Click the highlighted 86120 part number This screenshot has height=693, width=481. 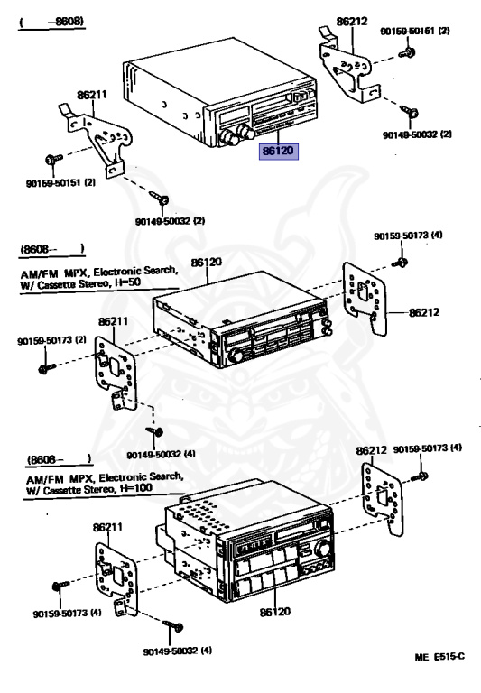(x=277, y=152)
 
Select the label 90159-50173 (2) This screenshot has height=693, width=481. (x=51, y=341)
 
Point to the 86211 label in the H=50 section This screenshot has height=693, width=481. (x=113, y=320)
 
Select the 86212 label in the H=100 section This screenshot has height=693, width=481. (x=371, y=450)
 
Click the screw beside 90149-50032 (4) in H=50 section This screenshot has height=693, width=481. (x=151, y=433)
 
